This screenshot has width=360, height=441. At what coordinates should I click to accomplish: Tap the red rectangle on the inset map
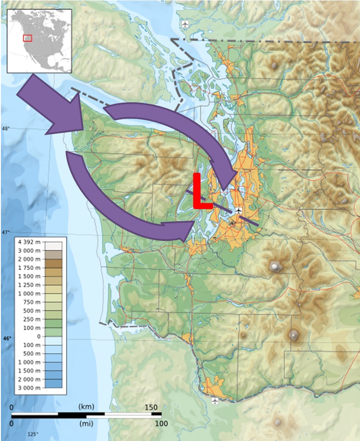tap(28, 38)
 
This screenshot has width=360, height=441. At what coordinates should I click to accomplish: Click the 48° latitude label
tap(6, 128)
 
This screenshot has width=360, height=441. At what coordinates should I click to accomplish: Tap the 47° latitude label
tap(6, 232)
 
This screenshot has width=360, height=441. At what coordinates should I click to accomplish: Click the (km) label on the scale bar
tap(86, 406)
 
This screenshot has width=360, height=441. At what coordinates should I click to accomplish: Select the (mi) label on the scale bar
tap(86, 423)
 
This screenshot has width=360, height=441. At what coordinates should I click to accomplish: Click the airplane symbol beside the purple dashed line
tap(238, 210)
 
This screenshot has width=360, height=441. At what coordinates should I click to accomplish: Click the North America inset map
tap(40, 40)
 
